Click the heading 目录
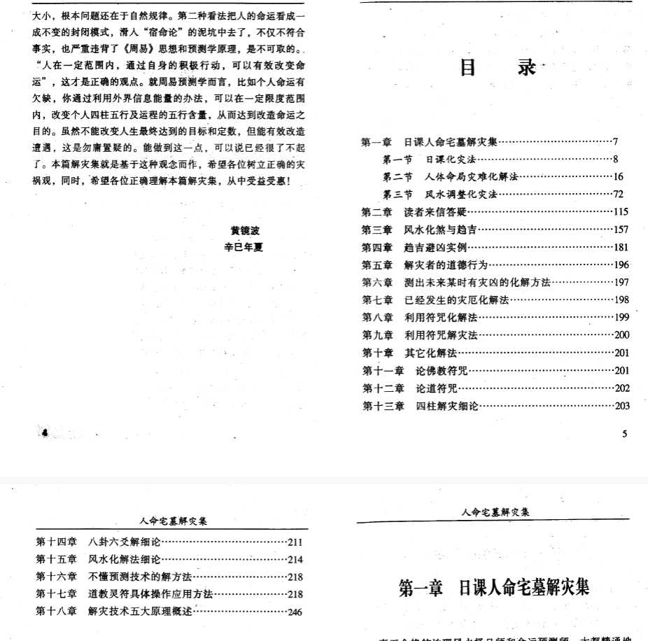coord(498,68)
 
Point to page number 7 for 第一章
coord(615,142)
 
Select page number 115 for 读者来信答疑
coord(621,212)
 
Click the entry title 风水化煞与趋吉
coord(442,230)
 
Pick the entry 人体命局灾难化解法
coord(467,177)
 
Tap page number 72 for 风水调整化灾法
coord(619,195)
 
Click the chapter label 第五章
coord(376,265)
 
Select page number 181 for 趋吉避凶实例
coord(621,247)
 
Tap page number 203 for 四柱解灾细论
coord(621,406)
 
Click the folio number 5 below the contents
coord(624,433)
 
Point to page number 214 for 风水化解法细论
coord(295,559)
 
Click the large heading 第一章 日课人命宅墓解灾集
coord(494,586)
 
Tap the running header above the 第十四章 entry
coord(171,521)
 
